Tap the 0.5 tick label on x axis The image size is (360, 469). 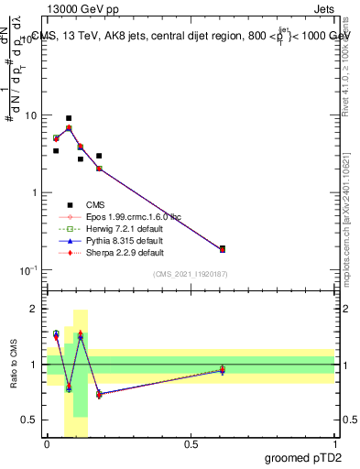click(191, 443)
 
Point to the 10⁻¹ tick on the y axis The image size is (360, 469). click(29, 270)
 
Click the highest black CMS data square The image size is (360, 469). click(69, 118)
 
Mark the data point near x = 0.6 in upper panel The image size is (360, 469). click(223, 248)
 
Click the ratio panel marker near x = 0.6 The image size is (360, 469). click(223, 370)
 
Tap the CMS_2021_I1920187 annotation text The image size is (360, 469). click(190, 274)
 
